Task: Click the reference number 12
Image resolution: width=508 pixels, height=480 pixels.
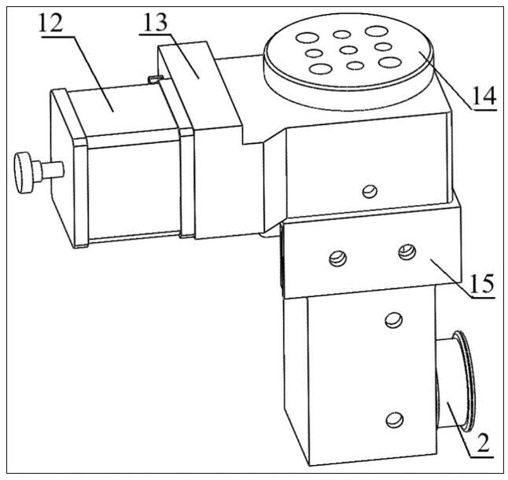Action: click(51, 24)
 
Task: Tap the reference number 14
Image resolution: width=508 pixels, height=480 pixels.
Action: click(484, 96)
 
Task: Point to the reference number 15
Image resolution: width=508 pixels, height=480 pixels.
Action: click(482, 284)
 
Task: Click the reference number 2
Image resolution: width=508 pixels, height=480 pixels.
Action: click(483, 444)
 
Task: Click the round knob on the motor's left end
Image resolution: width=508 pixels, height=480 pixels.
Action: click(22, 174)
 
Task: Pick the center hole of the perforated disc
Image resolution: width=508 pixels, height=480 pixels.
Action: click(349, 50)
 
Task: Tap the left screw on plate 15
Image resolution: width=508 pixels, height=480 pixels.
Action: click(337, 259)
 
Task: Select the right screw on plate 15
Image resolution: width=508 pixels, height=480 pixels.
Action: click(407, 252)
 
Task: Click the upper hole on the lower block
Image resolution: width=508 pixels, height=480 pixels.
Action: click(394, 320)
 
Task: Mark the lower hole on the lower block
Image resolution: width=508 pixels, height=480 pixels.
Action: click(395, 420)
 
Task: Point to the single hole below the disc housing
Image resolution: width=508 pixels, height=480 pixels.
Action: click(370, 191)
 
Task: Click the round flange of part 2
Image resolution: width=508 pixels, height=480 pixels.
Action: click(466, 381)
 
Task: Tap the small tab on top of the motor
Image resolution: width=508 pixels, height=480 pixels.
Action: click(156, 79)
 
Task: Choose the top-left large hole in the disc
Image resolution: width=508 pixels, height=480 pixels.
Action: click(307, 38)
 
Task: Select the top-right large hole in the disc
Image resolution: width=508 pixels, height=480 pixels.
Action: click(377, 31)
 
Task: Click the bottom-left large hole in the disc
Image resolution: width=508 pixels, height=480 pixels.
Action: click(321, 69)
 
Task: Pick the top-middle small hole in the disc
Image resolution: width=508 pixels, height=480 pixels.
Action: click(342, 35)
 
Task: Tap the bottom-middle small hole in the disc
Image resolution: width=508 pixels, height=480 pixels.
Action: click(355, 66)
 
